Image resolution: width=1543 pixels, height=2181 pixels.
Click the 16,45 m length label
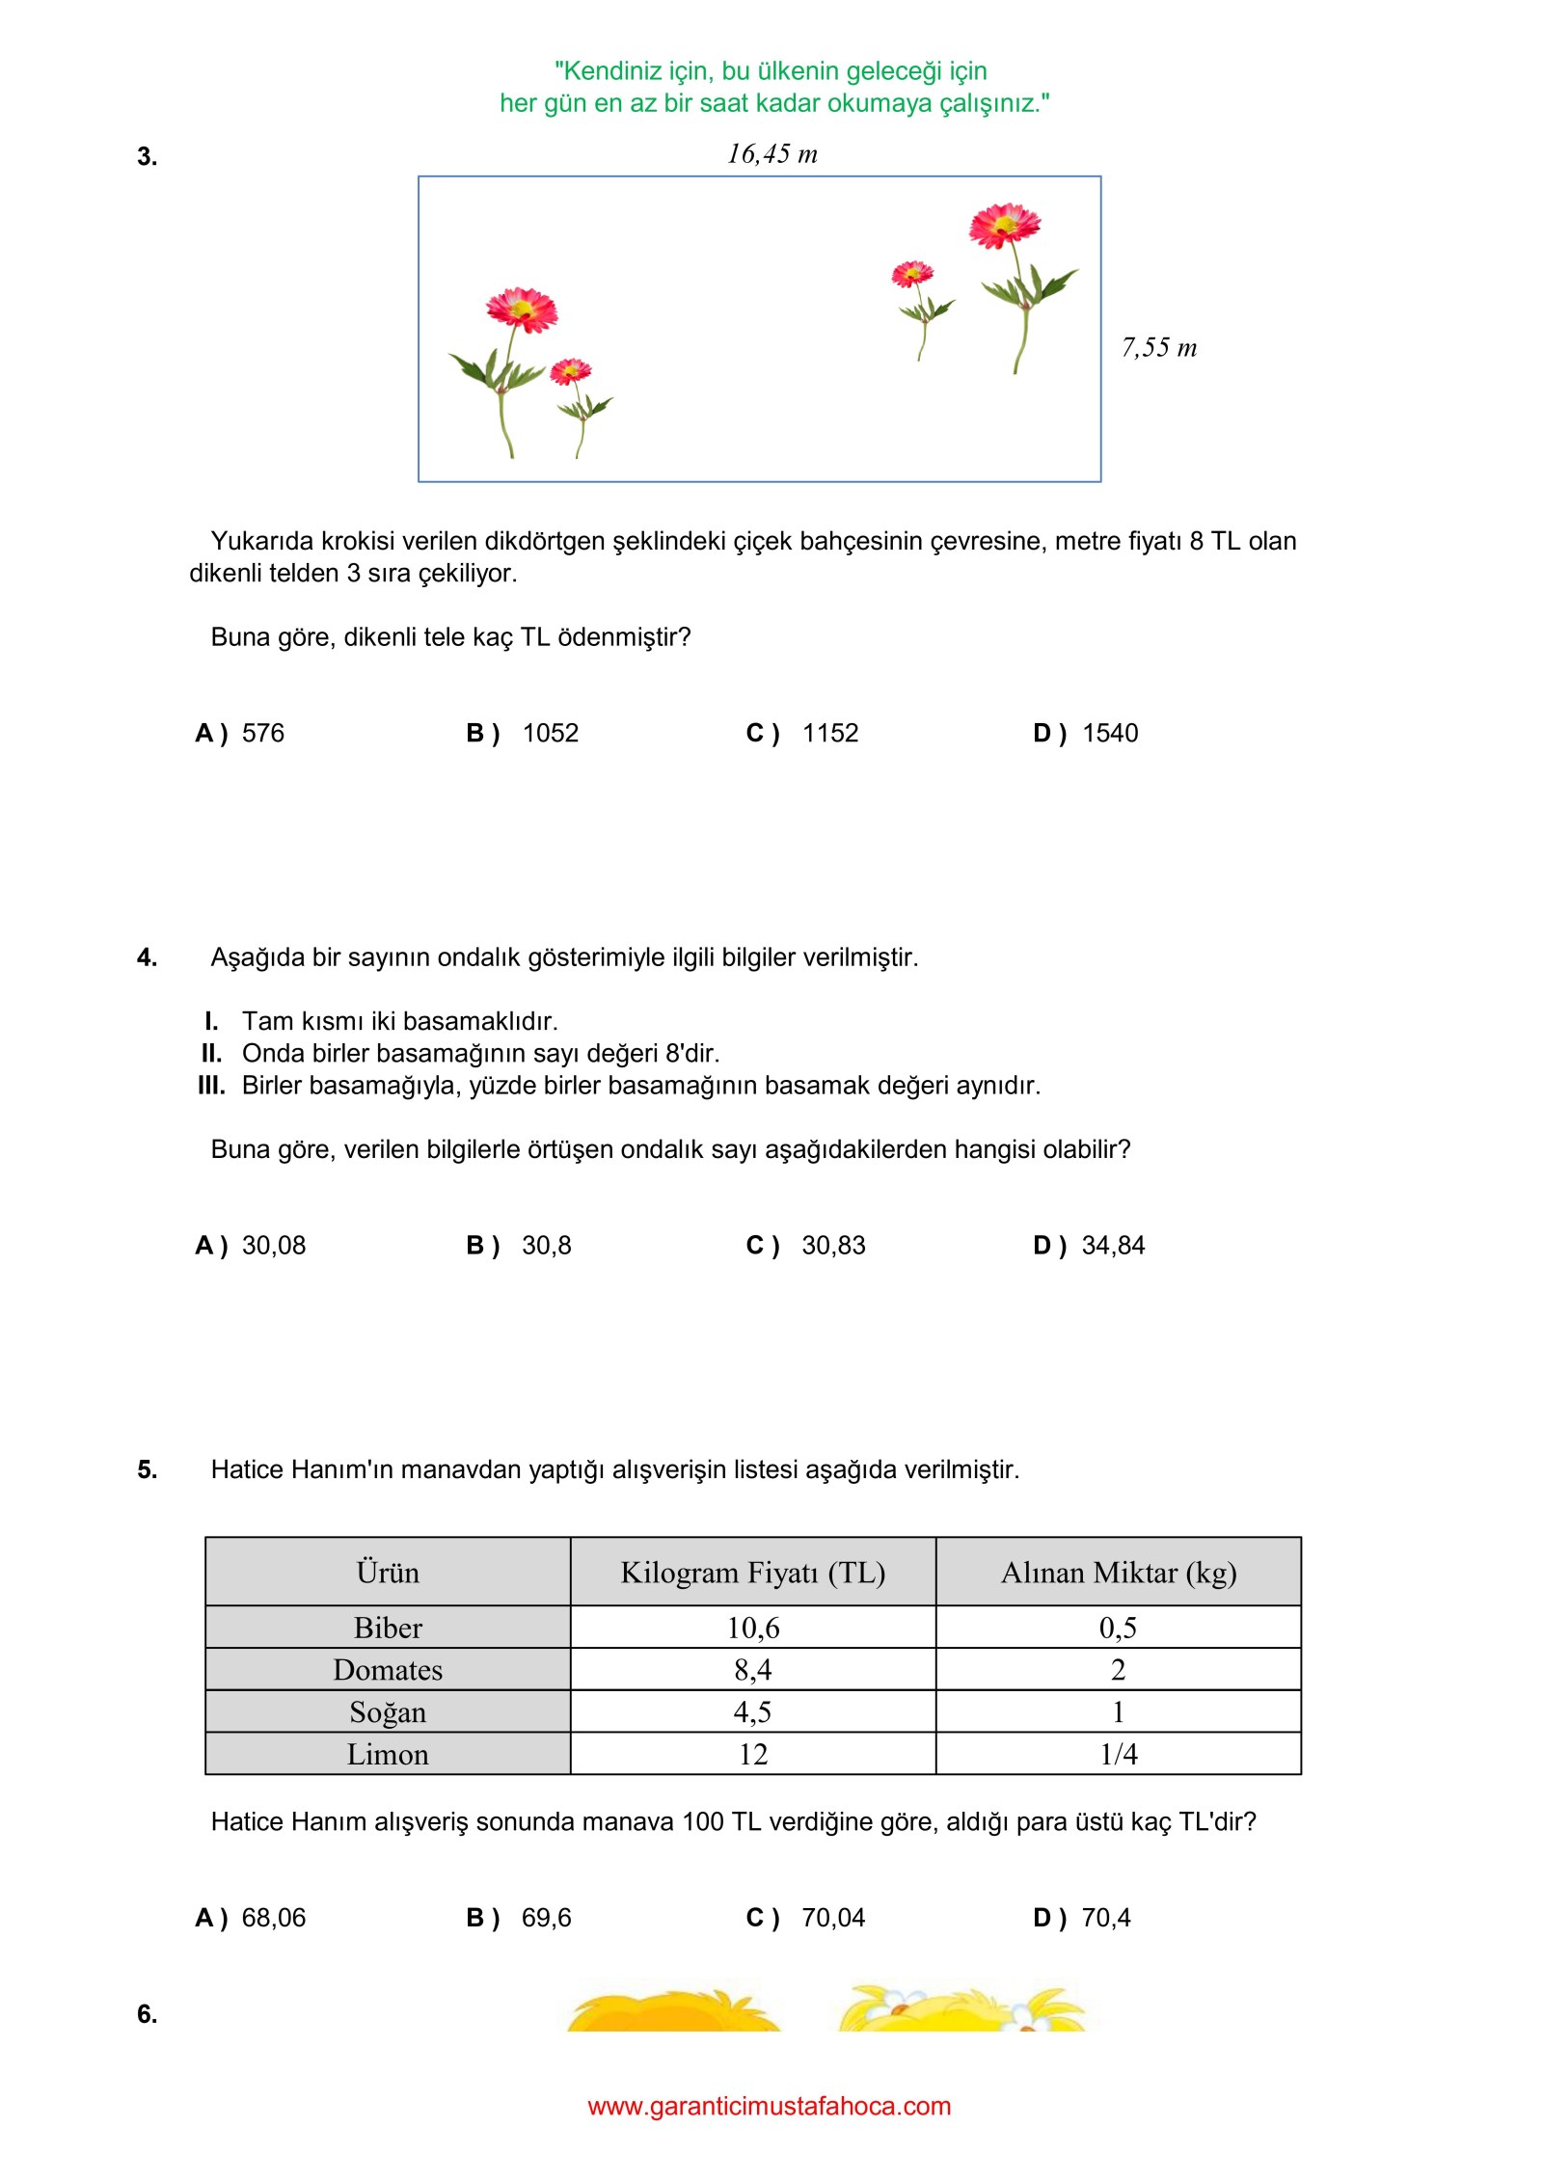pos(771,154)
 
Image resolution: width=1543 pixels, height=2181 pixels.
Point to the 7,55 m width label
pos(1158,348)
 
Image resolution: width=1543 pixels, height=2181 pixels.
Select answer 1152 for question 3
pos(829,734)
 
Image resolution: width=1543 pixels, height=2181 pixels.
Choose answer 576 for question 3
pos(262,734)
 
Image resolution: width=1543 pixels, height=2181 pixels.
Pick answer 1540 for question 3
pos(1109,734)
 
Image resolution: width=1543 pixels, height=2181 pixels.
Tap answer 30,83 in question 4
pos(833,1246)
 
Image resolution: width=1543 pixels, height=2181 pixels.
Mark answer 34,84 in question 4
pos(1113,1246)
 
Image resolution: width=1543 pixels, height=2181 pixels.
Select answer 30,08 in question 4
pos(273,1246)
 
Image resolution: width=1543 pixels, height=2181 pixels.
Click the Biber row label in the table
pos(388,1628)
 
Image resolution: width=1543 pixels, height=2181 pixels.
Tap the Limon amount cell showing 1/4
pos(1118,1754)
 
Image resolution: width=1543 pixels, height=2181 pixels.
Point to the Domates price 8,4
pos(752,1670)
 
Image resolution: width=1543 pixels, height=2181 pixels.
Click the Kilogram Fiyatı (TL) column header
pos(752,1573)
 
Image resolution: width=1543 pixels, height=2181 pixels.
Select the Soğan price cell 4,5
pos(752,1712)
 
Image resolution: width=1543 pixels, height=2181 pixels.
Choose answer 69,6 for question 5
pos(546,1918)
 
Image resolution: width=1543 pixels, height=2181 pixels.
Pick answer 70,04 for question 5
pos(833,1918)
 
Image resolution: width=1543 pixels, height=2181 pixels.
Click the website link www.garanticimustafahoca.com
pos(769,2106)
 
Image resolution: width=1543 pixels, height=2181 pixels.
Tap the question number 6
pos(147,2014)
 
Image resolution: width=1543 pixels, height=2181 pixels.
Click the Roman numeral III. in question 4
pos(211,1086)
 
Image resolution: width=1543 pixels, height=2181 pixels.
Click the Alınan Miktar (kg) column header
pos(1118,1573)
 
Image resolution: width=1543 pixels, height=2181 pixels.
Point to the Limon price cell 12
pos(752,1754)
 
